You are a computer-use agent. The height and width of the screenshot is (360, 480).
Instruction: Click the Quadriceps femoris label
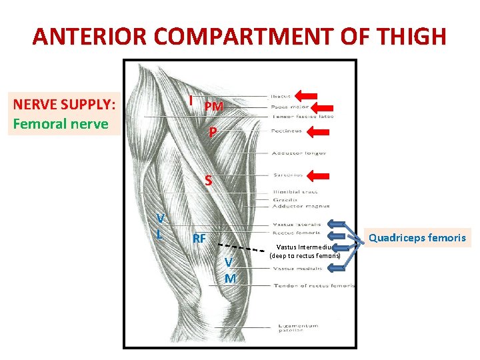417,237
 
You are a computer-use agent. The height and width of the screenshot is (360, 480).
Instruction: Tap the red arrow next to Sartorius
322,175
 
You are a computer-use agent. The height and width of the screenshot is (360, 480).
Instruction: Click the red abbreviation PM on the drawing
213,107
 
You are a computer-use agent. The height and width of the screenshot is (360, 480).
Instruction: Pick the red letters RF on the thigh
199,239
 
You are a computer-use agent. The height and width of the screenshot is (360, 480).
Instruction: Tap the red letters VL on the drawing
159,226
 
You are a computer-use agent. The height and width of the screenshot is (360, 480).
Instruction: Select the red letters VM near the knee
229,269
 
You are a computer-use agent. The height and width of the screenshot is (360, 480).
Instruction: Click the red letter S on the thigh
209,181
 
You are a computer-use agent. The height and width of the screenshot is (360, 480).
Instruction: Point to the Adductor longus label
299,153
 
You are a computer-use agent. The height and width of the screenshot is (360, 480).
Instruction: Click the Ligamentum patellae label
291,328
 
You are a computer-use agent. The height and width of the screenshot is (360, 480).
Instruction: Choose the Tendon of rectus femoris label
313,285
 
